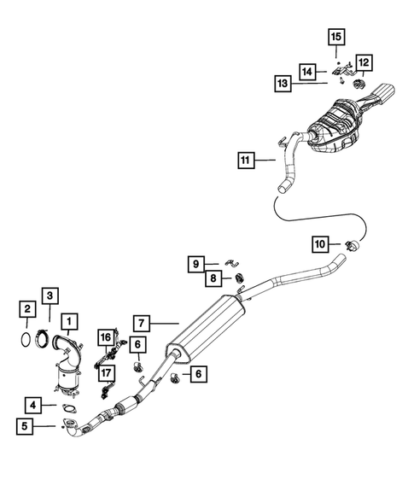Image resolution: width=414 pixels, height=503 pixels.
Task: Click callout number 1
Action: click(69, 323)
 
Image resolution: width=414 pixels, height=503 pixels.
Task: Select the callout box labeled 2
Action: click(27, 308)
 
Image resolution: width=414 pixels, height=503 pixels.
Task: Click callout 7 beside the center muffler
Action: click(142, 323)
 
